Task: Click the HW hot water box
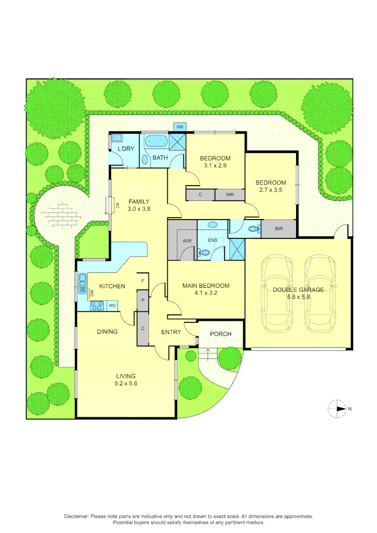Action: point(180,127)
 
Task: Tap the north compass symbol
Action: point(338,408)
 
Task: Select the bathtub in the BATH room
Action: point(156,142)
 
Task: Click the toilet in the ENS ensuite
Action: point(204,253)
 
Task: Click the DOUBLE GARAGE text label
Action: point(298,290)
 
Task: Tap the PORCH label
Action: point(221,334)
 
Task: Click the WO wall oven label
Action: point(112,306)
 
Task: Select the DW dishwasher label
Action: point(92,293)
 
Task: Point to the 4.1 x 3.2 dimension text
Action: point(206,293)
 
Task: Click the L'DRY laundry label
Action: point(126,149)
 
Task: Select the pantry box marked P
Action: point(143,301)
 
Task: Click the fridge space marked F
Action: point(143,281)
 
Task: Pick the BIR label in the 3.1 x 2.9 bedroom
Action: point(230,195)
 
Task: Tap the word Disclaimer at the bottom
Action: point(76,516)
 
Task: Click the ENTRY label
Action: point(171,332)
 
